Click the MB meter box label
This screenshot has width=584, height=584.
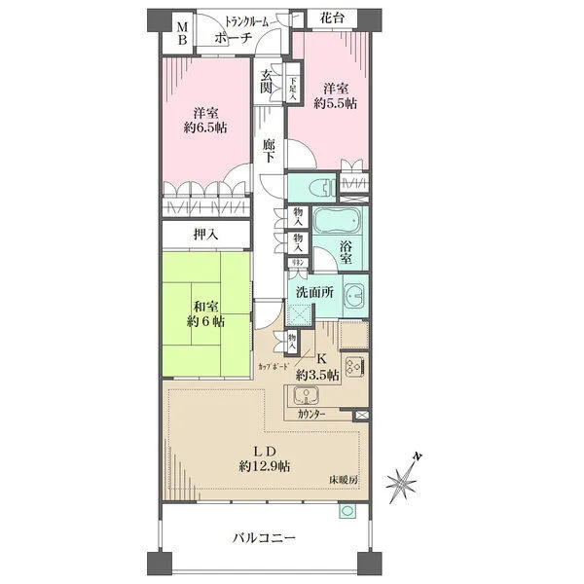point(182,35)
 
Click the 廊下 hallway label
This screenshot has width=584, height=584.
point(270,151)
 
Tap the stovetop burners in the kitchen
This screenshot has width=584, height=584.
point(354,369)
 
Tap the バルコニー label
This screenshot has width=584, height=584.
point(262,536)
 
